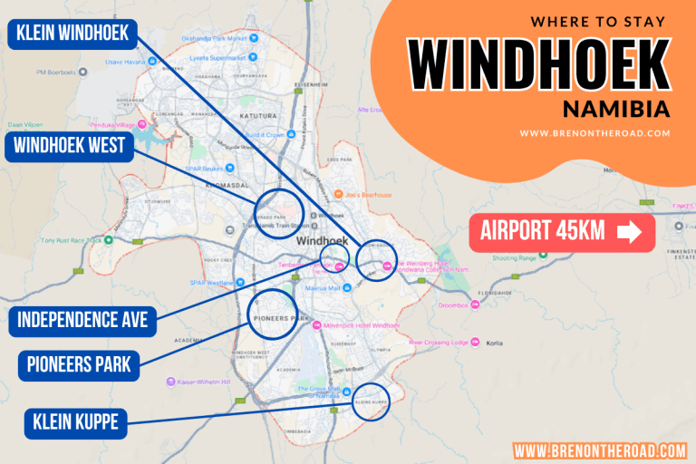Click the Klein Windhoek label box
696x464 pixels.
(72, 35)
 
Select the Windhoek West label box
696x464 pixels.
(70, 148)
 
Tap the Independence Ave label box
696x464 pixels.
(83, 319)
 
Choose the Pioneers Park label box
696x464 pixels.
(80, 366)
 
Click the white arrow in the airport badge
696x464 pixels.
(628, 233)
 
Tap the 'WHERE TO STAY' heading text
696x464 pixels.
(597, 21)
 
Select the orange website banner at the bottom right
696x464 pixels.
(600, 450)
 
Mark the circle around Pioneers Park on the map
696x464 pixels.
(272, 314)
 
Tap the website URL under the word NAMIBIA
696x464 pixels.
(594, 133)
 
